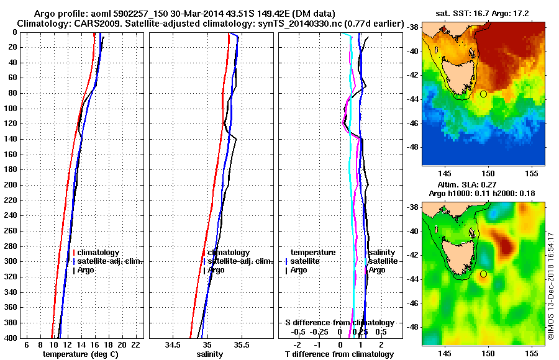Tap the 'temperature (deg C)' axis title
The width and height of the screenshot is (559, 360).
click(80, 354)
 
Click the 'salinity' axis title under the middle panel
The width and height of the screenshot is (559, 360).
click(210, 354)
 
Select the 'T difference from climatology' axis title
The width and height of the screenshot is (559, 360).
click(339, 354)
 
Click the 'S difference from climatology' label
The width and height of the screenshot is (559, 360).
click(339, 323)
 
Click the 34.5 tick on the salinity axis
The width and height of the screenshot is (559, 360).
click(173, 344)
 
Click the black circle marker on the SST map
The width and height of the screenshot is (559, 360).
click(484, 94)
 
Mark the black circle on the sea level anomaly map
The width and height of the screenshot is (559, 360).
click(484, 274)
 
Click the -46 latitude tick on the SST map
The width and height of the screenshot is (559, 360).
click(413, 123)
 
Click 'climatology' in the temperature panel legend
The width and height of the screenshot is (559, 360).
click(100, 253)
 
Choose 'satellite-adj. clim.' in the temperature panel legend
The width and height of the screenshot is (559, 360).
click(110, 261)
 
